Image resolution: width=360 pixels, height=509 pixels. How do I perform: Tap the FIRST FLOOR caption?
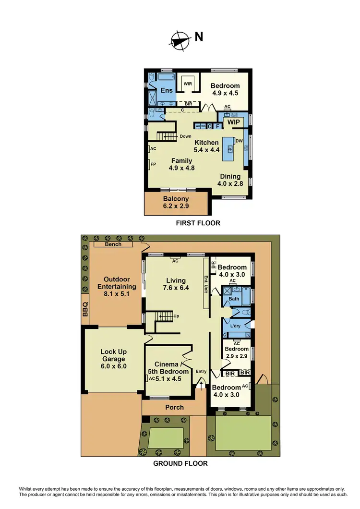198,223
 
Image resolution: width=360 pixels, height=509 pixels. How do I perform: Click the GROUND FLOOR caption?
180,463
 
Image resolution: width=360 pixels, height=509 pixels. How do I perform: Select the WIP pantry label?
234,123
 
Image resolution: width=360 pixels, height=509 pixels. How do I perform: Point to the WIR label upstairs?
187,83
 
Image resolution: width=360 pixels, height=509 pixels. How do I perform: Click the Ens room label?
167,90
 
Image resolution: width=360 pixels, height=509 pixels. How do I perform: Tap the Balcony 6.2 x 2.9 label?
175,202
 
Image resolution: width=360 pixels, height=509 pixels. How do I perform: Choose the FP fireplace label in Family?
153,164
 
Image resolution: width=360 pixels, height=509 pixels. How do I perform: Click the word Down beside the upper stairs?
186,136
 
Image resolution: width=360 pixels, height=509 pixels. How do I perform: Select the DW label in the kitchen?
239,141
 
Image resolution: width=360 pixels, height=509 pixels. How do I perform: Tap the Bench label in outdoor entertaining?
113,244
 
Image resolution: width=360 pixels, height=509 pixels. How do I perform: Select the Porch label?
174,407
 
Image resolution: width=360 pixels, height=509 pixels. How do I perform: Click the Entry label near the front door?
201,371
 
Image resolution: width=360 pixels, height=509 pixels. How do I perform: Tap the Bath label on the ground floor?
234,299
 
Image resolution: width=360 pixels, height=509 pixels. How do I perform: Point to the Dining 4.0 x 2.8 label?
230,180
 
